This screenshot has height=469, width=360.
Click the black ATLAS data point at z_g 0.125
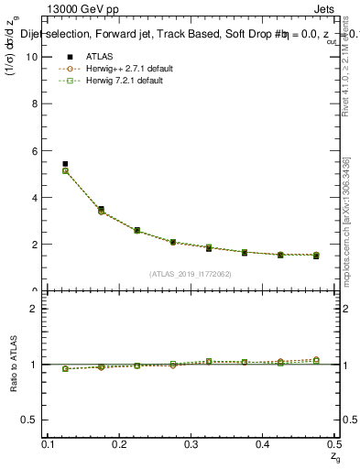pos(65,164)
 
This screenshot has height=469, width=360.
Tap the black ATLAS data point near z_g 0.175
pos(101,209)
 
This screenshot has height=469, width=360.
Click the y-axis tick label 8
pos(36,104)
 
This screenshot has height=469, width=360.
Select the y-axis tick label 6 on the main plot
pos(36,150)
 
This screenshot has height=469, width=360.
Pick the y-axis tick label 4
pos(36,197)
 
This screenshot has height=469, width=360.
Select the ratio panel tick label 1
pos(36,365)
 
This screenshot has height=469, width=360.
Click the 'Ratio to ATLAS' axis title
pos(15,364)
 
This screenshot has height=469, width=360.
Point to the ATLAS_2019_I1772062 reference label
pos(191,274)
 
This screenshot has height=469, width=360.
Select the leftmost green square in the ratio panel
pos(65,368)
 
